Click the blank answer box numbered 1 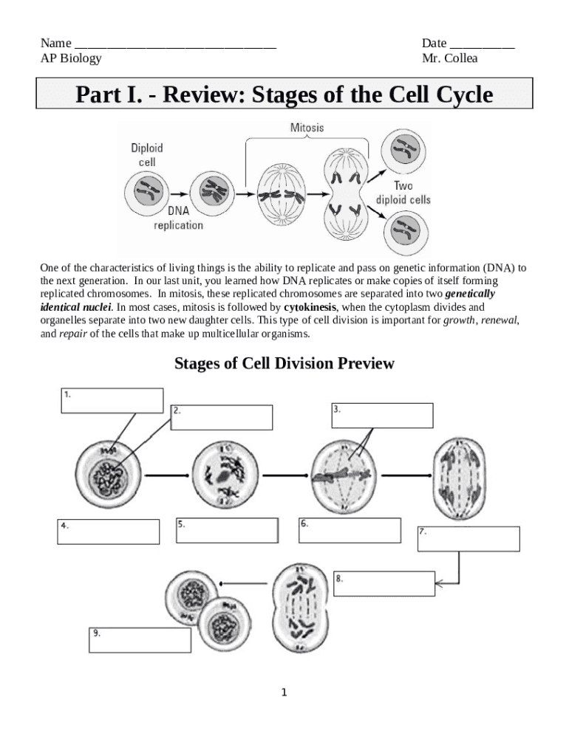[x=111, y=400]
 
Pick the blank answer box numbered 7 [x=468, y=538]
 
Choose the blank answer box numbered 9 [x=140, y=640]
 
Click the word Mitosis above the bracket [x=307, y=128]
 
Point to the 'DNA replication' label [x=177, y=218]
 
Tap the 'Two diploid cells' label [x=403, y=193]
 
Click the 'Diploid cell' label [x=147, y=154]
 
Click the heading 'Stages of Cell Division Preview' [x=284, y=363]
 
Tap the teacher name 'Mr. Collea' [x=449, y=58]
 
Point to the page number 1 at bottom [x=284, y=693]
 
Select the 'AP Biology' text [x=71, y=58]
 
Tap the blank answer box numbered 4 [x=108, y=532]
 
